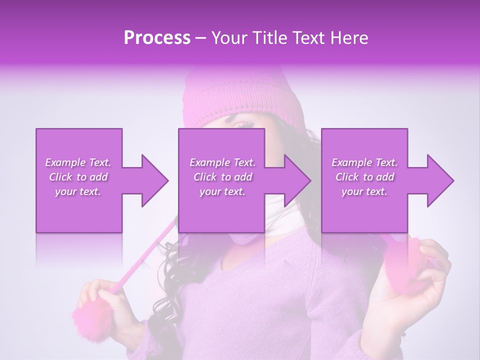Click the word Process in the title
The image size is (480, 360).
[157, 38]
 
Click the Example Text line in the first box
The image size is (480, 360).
[78, 162]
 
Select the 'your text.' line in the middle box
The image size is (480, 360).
[222, 192]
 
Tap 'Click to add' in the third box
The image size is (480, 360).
[364, 177]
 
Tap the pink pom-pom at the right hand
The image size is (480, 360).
[407, 265]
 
